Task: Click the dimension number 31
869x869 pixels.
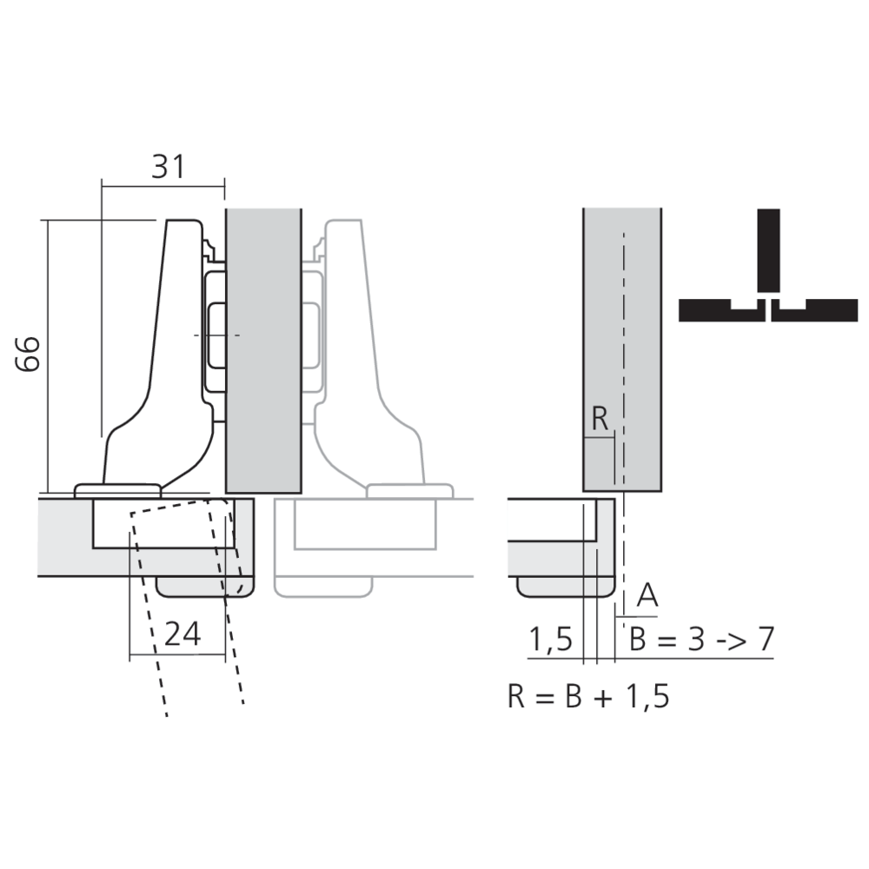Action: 169,165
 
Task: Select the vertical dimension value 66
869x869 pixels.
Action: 29,354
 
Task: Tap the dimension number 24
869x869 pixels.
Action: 182,634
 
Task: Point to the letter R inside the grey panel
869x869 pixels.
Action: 600,419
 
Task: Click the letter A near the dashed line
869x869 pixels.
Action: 647,595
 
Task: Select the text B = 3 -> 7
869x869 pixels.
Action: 700,640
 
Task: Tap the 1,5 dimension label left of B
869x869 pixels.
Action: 551,640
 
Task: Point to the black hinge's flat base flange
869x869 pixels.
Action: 116,490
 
